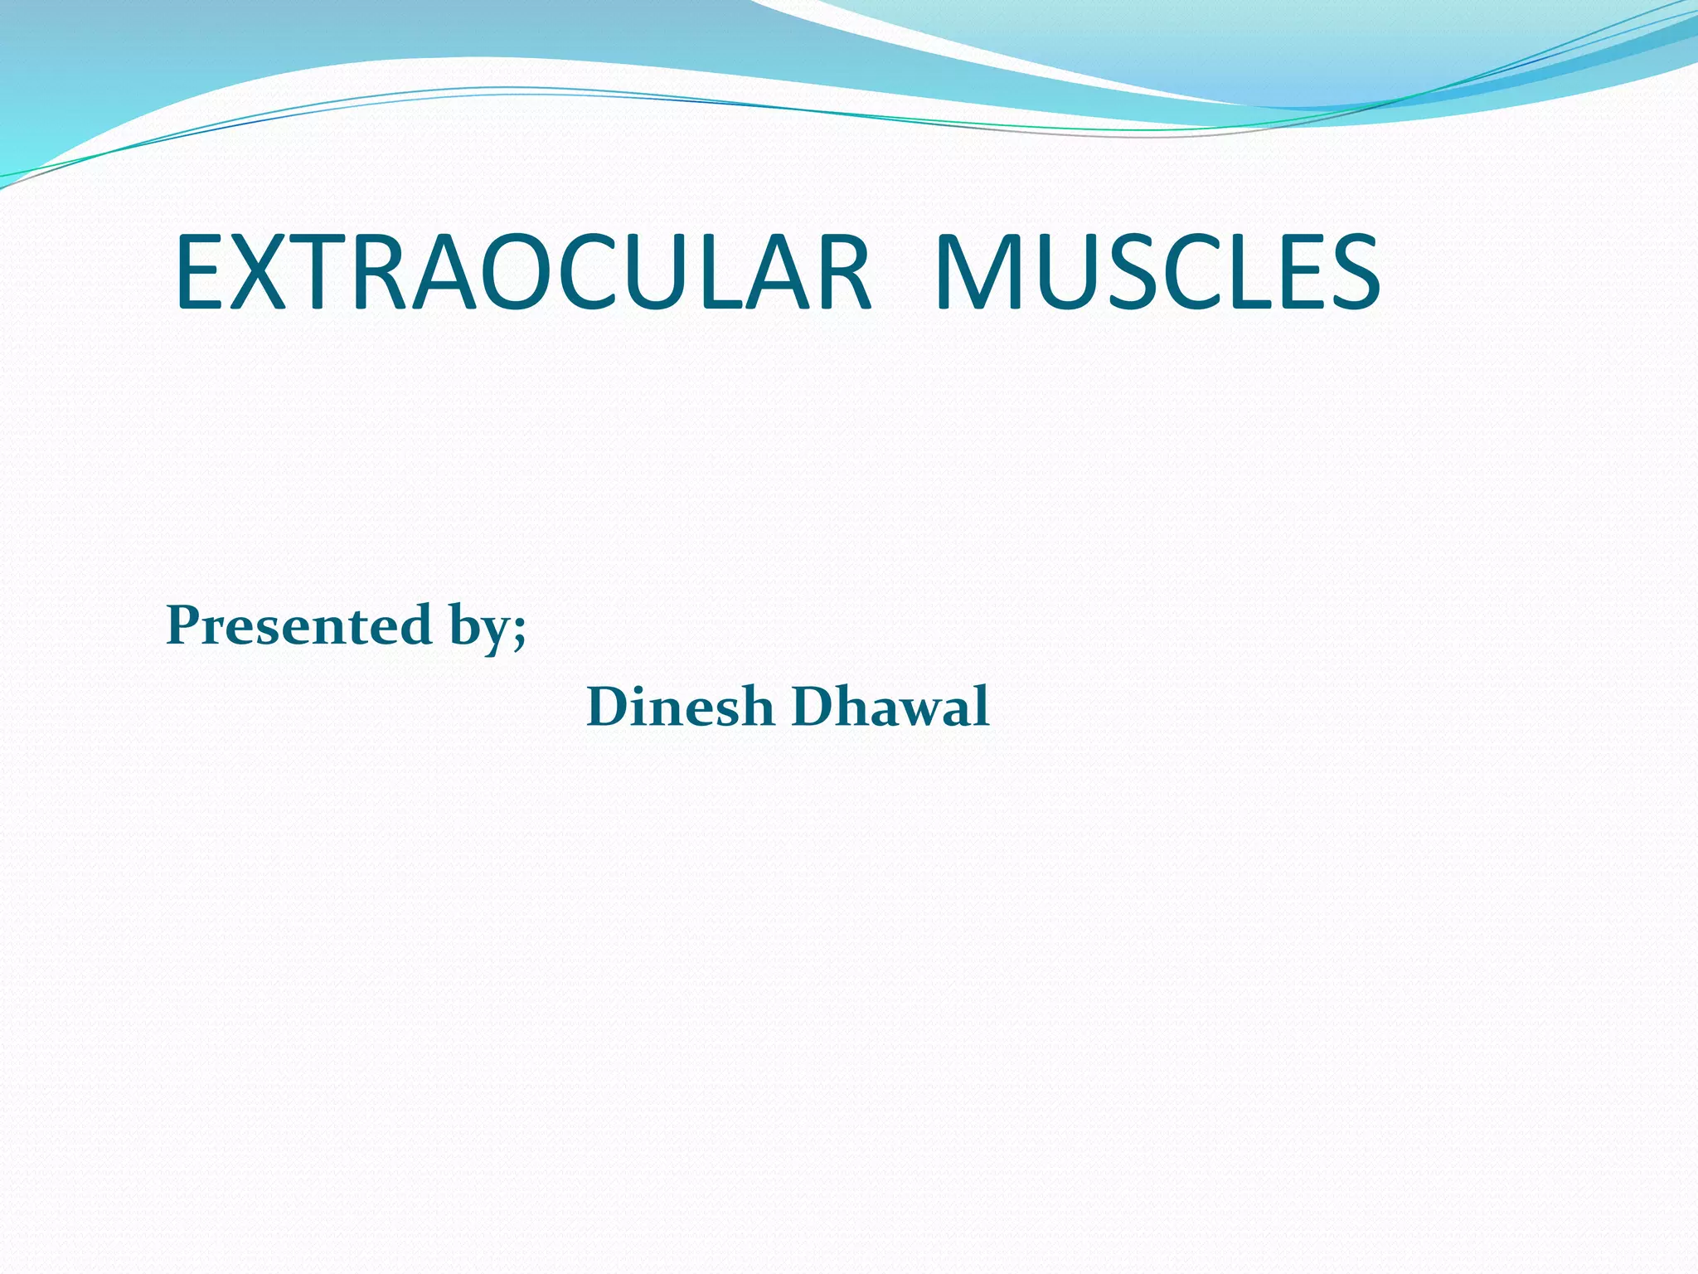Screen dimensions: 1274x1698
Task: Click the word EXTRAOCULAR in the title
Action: click(x=522, y=274)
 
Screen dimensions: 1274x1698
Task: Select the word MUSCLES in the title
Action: click(x=1157, y=274)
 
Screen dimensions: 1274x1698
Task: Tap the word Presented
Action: click(x=298, y=625)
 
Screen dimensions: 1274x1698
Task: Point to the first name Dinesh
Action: click(x=680, y=708)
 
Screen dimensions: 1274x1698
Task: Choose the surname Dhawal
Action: click(x=890, y=708)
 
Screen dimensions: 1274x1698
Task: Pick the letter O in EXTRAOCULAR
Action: click(x=517, y=274)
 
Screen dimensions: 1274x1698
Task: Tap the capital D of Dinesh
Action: click(x=610, y=708)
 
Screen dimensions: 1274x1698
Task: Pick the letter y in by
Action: click(x=496, y=634)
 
